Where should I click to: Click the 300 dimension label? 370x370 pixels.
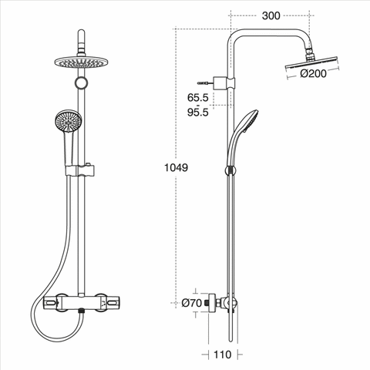pyautogui.click(x=271, y=16)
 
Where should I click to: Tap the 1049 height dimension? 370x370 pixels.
pyautogui.click(x=176, y=167)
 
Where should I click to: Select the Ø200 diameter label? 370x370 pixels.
pyautogui.click(x=313, y=74)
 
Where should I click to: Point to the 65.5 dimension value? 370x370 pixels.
pyautogui.click(x=197, y=98)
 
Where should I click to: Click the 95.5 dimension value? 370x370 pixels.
pyautogui.click(x=197, y=113)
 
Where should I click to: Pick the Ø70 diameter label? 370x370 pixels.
pyautogui.click(x=192, y=303)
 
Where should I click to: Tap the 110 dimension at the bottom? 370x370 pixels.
pyautogui.click(x=223, y=355)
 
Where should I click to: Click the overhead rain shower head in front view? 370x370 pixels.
pyautogui.click(x=81, y=62)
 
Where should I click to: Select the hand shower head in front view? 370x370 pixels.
pyautogui.click(x=69, y=121)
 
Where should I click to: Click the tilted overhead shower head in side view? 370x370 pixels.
pyautogui.click(x=311, y=63)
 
